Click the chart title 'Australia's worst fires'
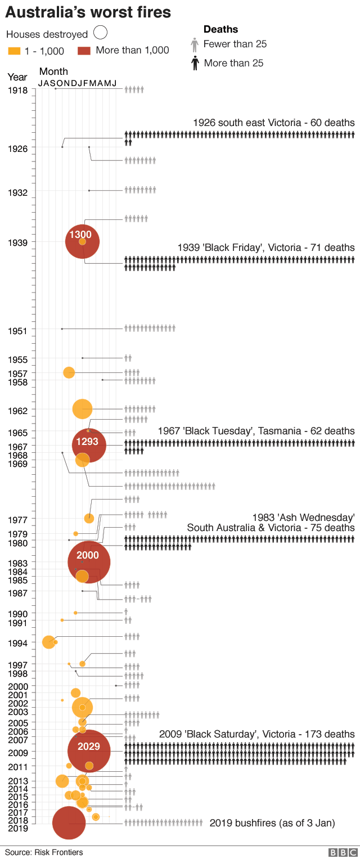point(88,12)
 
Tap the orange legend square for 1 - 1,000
point(15,51)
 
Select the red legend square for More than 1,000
point(84,51)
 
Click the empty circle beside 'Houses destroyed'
point(101,34)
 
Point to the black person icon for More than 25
point(195,63)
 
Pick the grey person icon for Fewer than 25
point(195,44)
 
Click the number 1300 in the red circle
point(80,235)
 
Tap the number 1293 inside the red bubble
point(87,442)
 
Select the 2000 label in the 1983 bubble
point(88,555)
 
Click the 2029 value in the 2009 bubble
point(88,746)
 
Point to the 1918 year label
point(18,90)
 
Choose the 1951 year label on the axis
point(18,331)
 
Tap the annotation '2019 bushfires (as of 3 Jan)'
point(272,823)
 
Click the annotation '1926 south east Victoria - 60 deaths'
point(273,123)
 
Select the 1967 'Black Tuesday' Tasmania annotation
point(256,431)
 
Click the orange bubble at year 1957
point(69,372)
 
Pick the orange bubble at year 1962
point(83,409)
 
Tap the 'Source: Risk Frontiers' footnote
point(44,852)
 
